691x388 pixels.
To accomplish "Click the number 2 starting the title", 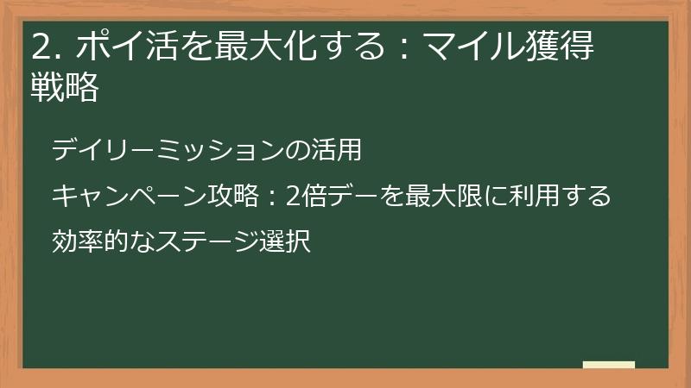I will click(40, 47).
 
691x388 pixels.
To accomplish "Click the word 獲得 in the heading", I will click(566, 47).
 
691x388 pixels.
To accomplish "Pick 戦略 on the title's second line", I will click(65, 88).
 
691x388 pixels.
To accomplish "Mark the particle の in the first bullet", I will click(296, 151).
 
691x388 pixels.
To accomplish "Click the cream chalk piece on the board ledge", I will click(609, 366).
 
